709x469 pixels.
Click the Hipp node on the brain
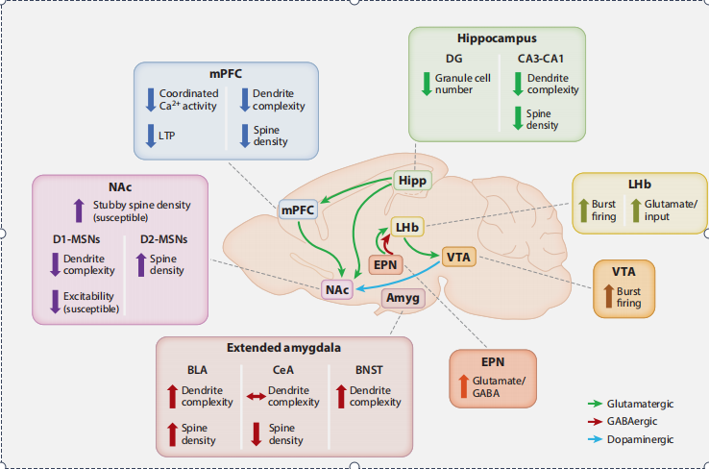point(412,181)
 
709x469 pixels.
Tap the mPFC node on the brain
point(298,210)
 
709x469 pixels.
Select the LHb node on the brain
point(407,227)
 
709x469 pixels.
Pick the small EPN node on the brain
point(385,264)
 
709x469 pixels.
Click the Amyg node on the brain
point(403,298)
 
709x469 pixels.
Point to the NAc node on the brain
point(337,289)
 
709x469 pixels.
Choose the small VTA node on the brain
point(458,257)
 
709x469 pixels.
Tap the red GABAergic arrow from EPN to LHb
point(386,244)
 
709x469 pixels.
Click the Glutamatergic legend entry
point(631,404)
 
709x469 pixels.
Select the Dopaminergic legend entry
point(631,439)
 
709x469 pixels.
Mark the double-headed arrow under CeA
point(256,397)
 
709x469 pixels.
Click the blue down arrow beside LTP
point(151,136)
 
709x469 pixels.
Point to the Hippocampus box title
point(497,38)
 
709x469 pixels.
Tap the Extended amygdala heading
point(284,347)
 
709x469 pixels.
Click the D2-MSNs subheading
point(163,239)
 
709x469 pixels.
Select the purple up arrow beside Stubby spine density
point(79,210)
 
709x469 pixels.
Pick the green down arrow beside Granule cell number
point(427,84)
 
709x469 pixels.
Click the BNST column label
point(369,370)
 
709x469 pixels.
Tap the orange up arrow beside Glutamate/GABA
point(463,386)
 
